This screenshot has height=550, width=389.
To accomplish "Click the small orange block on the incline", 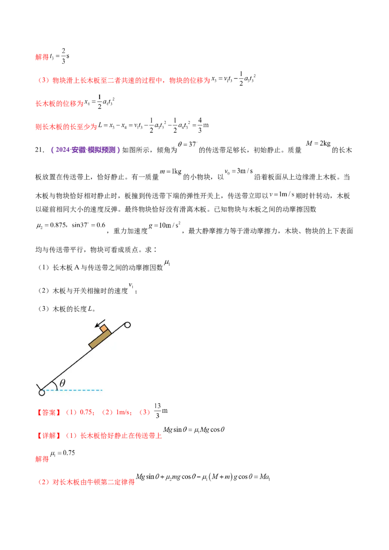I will click(104, 328).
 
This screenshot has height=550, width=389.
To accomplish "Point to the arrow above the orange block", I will click(101, 323).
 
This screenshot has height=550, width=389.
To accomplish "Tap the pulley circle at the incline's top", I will click(128, 325).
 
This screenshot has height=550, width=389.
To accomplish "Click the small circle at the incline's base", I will click(42, 393).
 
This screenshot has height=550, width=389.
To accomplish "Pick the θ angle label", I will click(62, 383).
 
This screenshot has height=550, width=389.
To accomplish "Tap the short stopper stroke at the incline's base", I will click(38, 388).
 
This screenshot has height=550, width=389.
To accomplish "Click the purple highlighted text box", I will click(85, 150).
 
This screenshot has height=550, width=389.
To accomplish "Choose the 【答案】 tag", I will click(49, 412).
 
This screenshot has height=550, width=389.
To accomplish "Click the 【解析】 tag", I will click(49, 435).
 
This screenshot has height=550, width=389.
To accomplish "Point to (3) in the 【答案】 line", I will click(144, 412).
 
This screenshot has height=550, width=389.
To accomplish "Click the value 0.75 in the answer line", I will click(88, 412).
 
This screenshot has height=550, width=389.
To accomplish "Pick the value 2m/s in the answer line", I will click(124, 412).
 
